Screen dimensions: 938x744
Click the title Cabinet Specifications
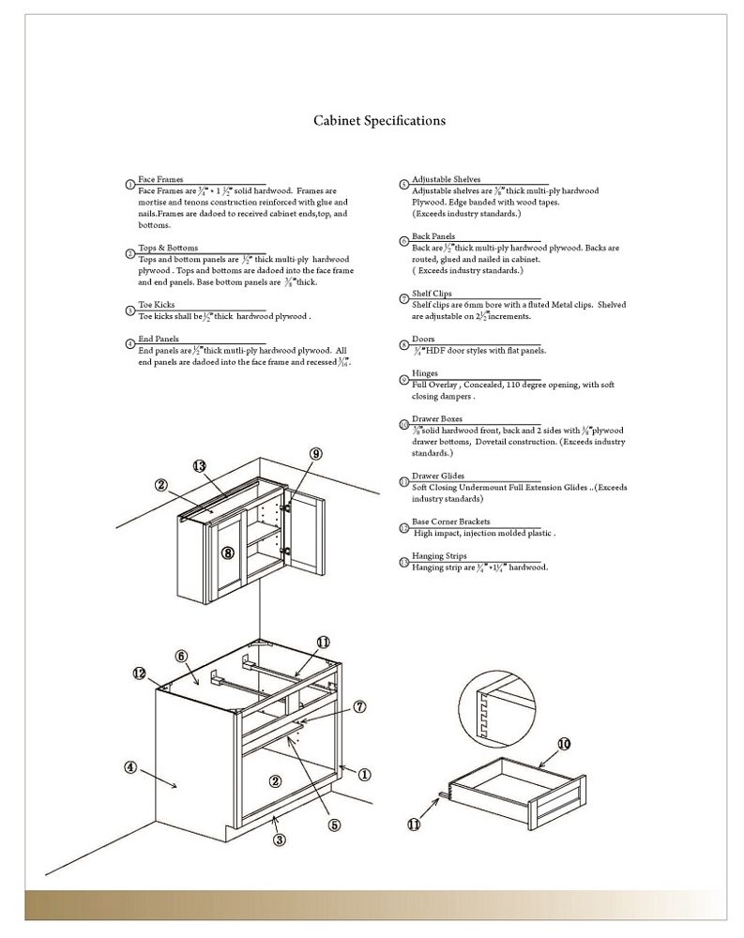379,121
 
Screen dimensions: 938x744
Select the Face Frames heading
160,179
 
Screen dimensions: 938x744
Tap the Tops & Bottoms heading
168,248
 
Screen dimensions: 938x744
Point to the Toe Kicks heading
156,306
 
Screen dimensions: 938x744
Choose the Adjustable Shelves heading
446,179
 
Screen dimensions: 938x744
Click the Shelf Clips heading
432,294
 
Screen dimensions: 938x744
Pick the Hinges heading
425,373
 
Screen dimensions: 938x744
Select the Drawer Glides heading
438,477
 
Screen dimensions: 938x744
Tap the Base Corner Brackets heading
450,522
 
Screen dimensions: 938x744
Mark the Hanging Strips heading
438,557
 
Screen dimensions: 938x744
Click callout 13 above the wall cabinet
199,466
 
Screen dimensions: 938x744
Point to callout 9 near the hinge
316,454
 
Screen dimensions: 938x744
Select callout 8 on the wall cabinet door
228,552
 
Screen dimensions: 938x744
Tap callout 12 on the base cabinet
139,673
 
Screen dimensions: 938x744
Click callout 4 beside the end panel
131,766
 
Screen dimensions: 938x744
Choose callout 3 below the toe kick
279,840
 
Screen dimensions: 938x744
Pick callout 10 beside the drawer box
564,744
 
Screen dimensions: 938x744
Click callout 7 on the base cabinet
359,706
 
